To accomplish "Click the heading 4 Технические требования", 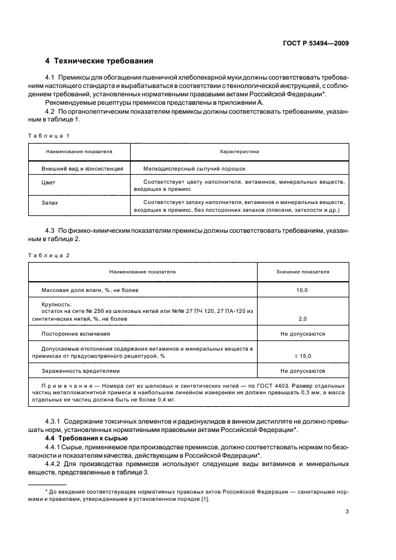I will click(x=99, y=61).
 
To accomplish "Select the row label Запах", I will click(x=50, y=203).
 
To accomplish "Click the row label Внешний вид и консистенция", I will click(x=82, y=169).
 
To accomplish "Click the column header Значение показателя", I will click(x=303, y=272).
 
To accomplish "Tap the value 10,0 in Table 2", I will click(x=303, y=290).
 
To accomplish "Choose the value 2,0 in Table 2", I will click(x=303, y=319).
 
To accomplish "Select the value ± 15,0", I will click(x=303, y=356).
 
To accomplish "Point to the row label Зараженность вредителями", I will click(x=80, y=371).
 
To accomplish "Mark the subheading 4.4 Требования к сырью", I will click(x=83, y=438).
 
